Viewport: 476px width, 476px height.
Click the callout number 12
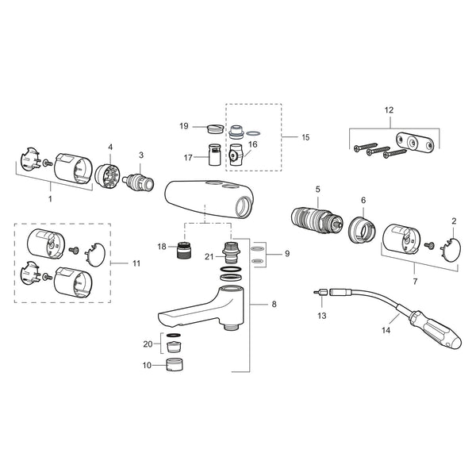coord(389,110)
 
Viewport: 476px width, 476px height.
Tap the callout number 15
coord(305,137)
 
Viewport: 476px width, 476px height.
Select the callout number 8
coord(274,304)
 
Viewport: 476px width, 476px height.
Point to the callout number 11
coord(136,263)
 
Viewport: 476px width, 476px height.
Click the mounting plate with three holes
coord(415,142)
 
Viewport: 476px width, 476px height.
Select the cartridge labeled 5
coord(317,221)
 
